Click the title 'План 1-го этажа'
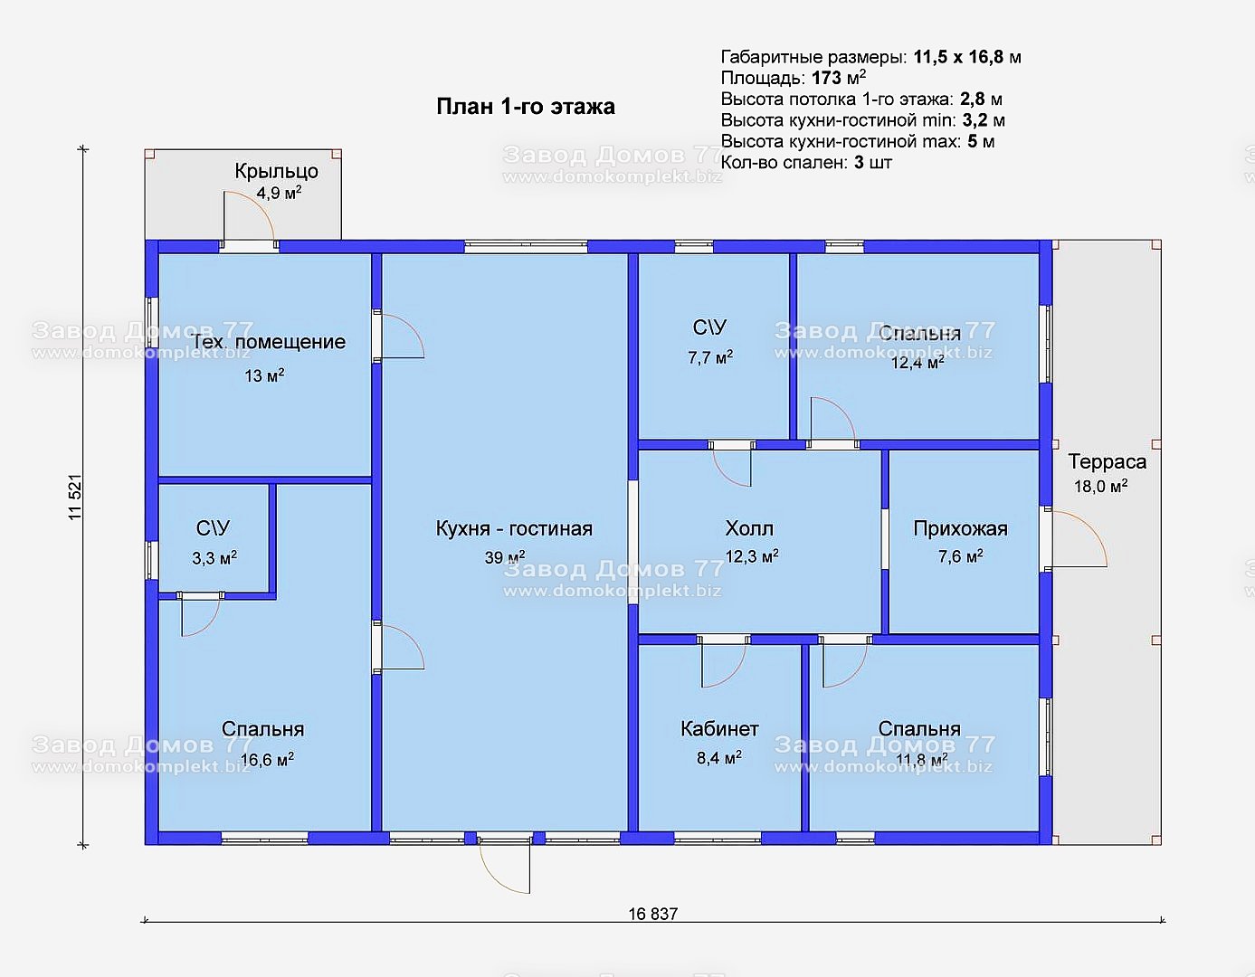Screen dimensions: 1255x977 point(526,107)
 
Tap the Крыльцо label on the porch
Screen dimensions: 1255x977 point(276,172)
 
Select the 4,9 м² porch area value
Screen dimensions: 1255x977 point(279,193)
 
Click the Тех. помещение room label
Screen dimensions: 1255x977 point(268,342)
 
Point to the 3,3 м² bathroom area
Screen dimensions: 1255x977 point(214,558)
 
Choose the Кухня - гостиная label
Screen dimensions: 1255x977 point(514,528)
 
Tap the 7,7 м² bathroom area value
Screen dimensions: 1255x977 point(710,357)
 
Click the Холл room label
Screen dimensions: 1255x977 point(749,528)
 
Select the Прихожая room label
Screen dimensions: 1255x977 point(960,529)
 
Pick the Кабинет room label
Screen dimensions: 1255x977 point(719,729)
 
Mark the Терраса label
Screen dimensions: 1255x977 point(1107,462)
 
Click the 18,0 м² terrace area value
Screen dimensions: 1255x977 point(1101,486)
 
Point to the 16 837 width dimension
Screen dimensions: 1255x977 point(652,914)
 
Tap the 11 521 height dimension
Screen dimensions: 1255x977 point(76,498)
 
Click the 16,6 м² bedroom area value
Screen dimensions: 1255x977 point(267,759)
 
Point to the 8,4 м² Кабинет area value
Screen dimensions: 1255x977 point(719,757)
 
